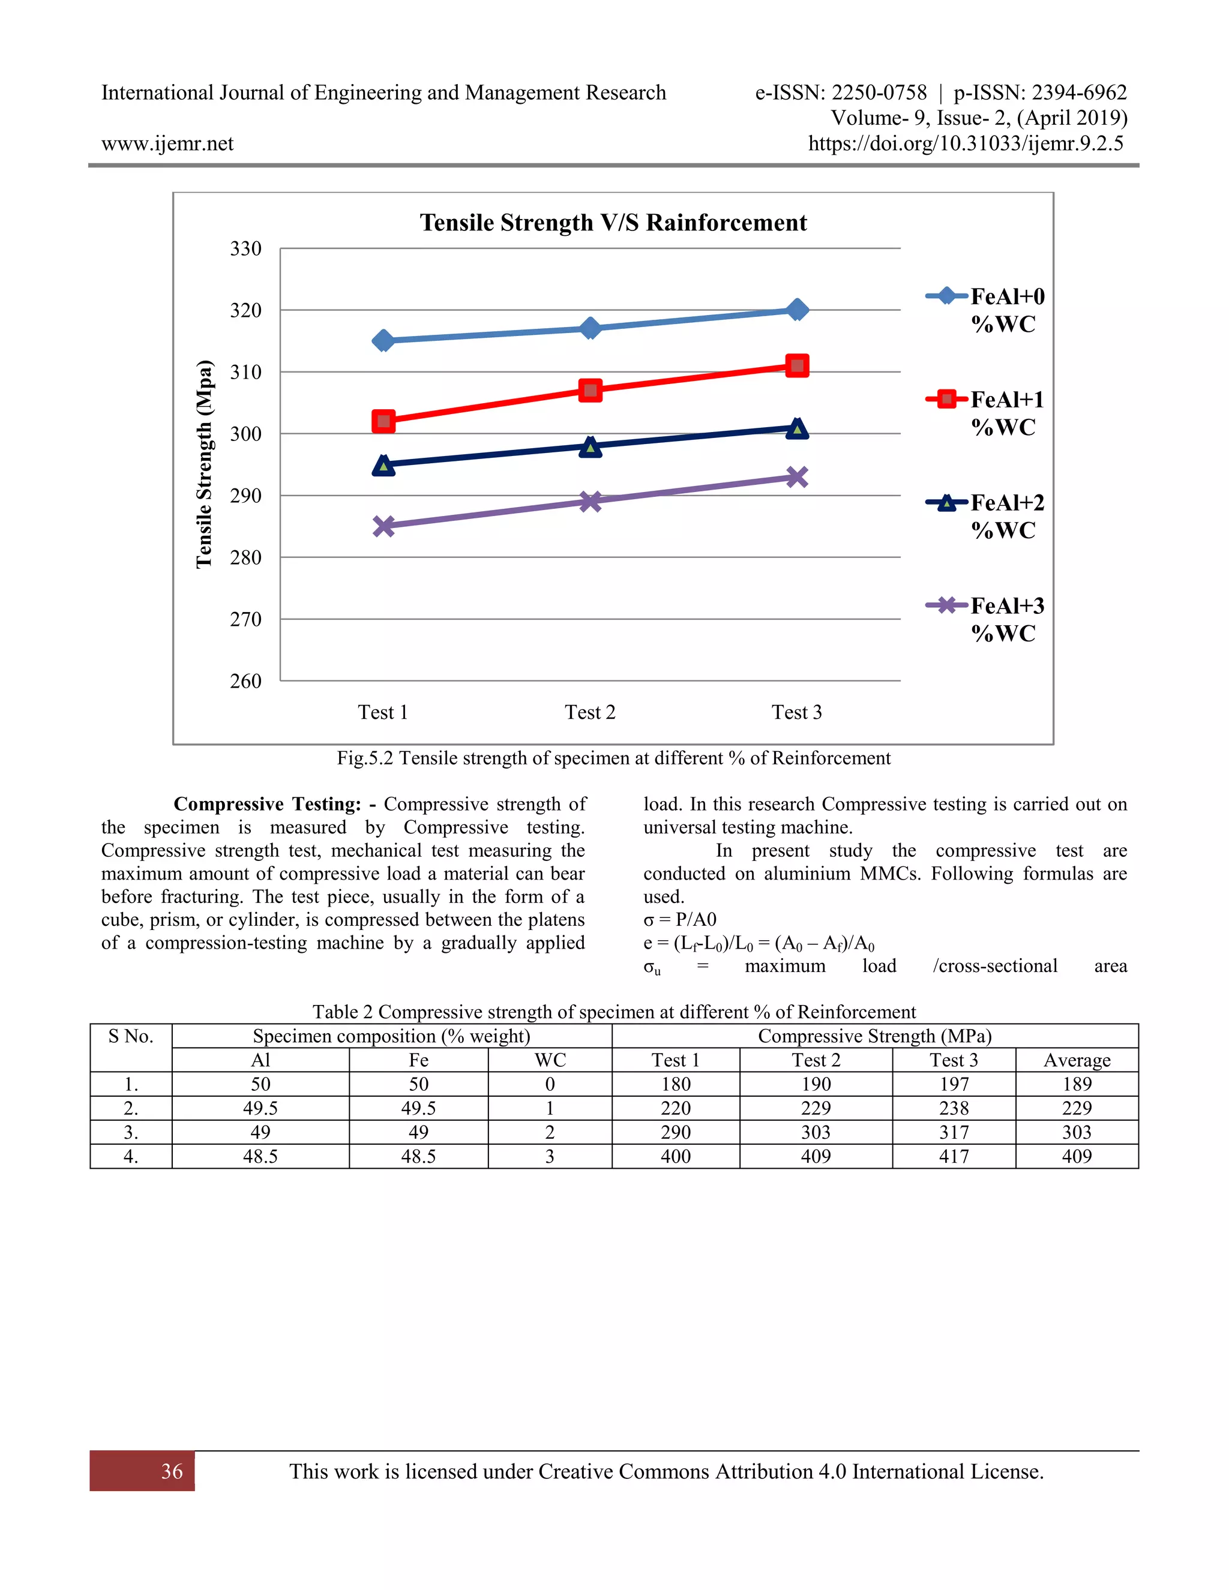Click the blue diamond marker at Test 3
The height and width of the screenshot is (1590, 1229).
click(798, 310)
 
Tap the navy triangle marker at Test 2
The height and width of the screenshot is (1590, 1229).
click(590, 447)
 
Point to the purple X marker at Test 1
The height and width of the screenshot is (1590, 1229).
click(383, 526)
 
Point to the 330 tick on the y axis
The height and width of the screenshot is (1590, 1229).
click(246, 249)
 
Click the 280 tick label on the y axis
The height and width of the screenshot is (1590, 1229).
click(246, 557)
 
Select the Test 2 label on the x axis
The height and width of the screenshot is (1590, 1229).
click(590, 712)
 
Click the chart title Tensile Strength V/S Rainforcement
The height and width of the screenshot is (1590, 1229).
click(613, 223)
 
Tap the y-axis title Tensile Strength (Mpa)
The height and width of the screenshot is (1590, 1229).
click(205, 464)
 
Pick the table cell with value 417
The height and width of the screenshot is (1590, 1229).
click(954, 1157)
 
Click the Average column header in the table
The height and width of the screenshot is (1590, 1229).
click(1077, 1060)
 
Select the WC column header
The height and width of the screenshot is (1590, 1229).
click(550, 1060)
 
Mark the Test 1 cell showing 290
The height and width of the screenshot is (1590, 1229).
click(676, 1132)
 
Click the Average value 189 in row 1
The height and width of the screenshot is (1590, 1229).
click(1077, 1084)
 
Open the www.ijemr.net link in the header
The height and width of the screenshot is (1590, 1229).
click(167, 143)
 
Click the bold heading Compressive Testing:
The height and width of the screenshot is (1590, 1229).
click(267, 804)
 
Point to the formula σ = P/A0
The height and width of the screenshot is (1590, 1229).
click(679, 919)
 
